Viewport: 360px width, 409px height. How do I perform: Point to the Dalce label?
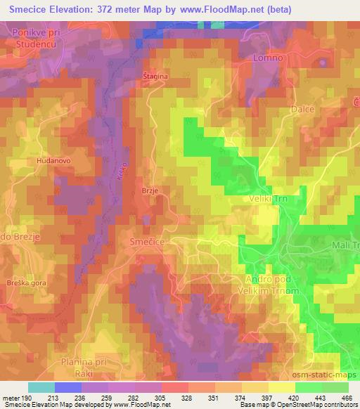point(303,110)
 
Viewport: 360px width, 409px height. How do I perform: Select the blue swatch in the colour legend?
point(67,387)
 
